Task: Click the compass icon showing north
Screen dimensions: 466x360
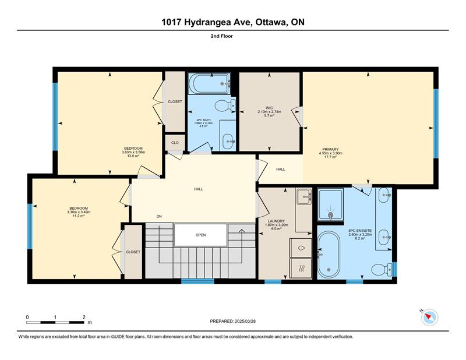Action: click(429, 317)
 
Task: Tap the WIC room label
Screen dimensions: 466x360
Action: click(269, 108)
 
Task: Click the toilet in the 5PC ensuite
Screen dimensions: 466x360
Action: click(382, 270)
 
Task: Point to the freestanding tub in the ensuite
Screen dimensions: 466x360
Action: click(328, 254)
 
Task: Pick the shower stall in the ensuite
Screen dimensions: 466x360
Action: click(330, 204)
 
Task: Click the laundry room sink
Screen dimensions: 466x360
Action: click(303, 196)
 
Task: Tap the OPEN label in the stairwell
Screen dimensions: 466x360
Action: click(200, 235)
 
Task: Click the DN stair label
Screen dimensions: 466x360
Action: click(159, 217)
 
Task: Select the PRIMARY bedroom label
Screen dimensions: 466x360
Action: click(330, 149)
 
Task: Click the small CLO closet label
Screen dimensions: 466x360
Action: click(175, 143)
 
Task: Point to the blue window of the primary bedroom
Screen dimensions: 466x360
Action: click(436, 123)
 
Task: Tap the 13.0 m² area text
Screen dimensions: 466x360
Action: click(133, 156)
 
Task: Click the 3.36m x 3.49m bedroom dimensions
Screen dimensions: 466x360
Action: click(79, 212)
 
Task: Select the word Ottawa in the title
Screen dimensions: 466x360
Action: click(271, 22)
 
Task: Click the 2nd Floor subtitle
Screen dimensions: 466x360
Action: click(222, 36)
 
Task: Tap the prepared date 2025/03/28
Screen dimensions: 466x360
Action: click(245, 322)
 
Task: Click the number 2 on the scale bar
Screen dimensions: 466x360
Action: click(84, 317)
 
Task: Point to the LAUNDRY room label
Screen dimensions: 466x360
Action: click(276, 221)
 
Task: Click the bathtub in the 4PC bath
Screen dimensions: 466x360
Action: click(210, 84)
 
